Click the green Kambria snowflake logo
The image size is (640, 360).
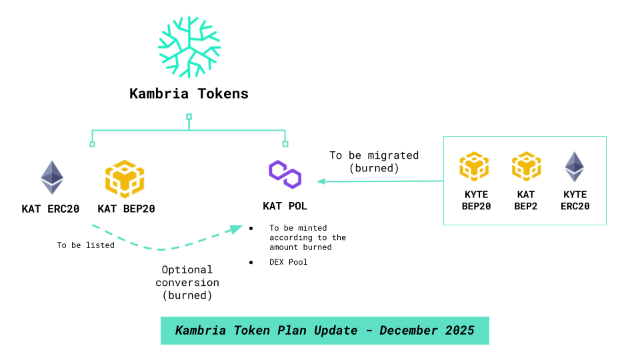pos(189,47)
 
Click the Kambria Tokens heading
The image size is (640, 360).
pos(189,93)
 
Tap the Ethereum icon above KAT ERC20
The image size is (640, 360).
pos(52,177)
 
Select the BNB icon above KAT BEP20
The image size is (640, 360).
pos(125,179)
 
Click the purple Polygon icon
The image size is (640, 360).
pos(285,173)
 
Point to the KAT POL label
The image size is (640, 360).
pos(285,206)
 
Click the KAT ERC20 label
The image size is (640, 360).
pos(51,209)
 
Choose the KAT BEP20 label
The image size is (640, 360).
pos(126,209)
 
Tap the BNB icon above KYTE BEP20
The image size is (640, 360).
pos(475,167)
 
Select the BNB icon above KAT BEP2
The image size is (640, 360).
pos(527,167)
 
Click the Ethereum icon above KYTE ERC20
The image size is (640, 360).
pos(575,167)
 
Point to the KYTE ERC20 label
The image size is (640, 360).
pos(575,201)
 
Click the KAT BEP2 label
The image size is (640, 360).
pos(527,201)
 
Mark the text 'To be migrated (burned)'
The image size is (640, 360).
pos(374,162)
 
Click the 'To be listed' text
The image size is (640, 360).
pos(85,245)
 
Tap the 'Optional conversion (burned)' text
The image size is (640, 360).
pos(187,282)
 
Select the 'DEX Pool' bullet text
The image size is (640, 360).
pos(289,262)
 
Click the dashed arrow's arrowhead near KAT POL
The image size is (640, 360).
pos(235,229)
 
